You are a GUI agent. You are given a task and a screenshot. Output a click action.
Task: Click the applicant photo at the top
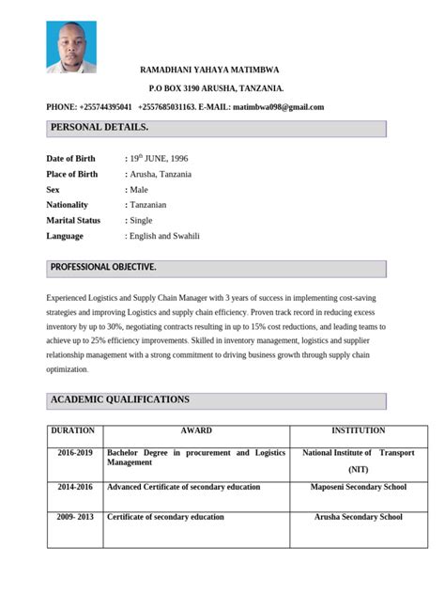pos(70,47)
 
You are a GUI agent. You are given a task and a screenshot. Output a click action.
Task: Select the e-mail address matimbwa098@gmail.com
pos(278,106)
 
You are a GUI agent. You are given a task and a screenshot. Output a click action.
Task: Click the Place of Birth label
pos(72,174)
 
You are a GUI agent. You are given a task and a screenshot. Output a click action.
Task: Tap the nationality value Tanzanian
pos(147,204)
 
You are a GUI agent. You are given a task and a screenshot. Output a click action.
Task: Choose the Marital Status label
pos(74,220)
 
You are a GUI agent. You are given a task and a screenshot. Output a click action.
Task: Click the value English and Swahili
pos(164,235)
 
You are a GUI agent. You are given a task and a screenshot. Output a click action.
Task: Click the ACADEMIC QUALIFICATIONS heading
pos(119,399)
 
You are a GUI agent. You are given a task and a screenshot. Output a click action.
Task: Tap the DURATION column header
pos(72,430)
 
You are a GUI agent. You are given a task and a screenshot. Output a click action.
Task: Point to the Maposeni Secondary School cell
pos(358,488)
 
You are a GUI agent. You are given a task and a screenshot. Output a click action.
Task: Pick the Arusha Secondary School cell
pos(358,517)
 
